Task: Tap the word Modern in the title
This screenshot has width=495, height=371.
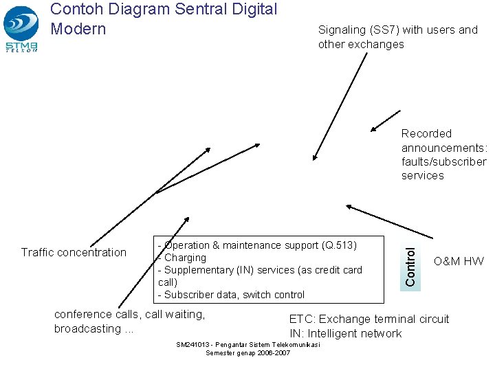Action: point(78,29)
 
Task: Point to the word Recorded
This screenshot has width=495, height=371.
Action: point(426,133)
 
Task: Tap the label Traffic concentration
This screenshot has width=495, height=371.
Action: point(74,252)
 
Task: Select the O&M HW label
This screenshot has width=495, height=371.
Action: point(459,261)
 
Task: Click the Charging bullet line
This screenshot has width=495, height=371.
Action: point(183,258)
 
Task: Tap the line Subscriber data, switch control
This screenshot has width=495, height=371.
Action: point(232,295)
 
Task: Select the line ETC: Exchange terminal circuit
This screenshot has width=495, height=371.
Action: point(368,319)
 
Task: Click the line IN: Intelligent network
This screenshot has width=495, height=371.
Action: point(345,333)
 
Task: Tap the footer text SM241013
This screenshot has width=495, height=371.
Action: point(195,345)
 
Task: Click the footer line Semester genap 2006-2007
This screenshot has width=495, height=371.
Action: point(247,352)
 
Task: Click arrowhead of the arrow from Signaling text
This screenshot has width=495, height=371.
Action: point(313,157)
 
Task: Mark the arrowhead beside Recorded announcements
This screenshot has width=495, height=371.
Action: point(373,128)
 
